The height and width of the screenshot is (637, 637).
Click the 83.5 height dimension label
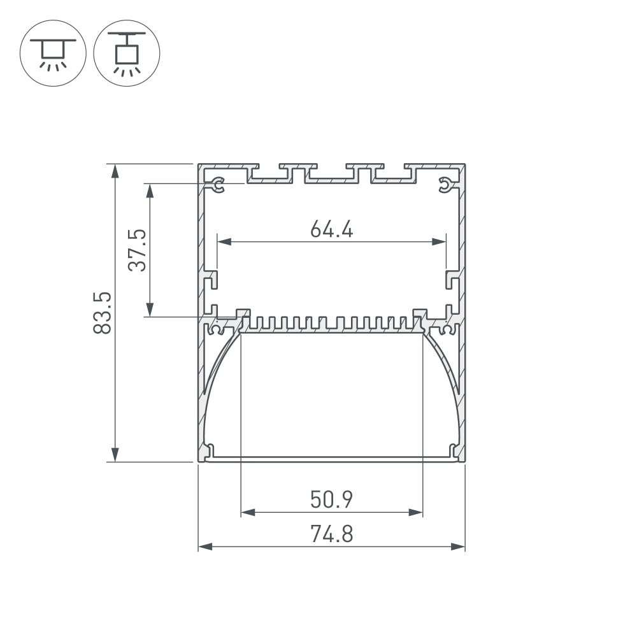pyautogui.click(x=102, y=313)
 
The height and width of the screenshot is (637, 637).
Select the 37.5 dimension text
pyautogui.click(x=137, y=250)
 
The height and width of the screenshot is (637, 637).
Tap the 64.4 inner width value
pyautogui.click(x=331, y=229)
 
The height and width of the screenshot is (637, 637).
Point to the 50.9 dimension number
pyautogui.click(x=331, y=499)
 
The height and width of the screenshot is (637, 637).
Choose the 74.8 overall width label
pyautogui.click(x=331, y=534)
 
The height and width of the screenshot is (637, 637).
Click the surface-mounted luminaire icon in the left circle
pyautogui.click(x=53, y=53)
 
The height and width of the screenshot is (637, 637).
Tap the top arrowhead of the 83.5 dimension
pyautogui.click(x=115, y=171)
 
